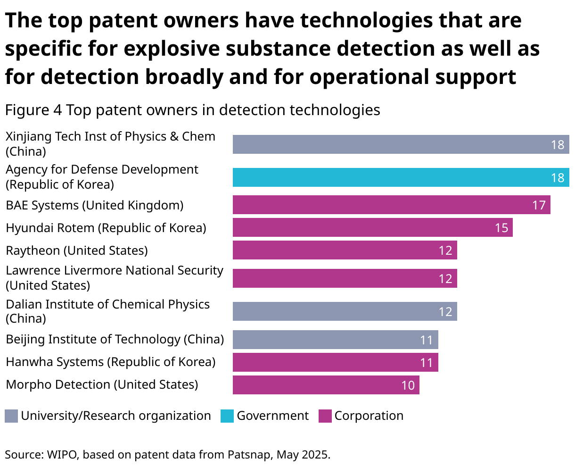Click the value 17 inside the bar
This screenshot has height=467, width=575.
(x=539, y=205)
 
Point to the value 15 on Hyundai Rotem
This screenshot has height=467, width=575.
(x=501, y=228)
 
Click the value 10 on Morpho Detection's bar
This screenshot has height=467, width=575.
(x=408, y=385)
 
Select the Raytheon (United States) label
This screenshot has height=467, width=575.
(x=77, y=250)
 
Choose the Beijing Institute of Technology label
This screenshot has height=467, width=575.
(x=115, y=339)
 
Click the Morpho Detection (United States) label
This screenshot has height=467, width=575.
(x=102, y=384)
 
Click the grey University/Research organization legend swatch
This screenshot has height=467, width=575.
(x=11, y=416)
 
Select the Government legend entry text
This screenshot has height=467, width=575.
(x=272, y=416)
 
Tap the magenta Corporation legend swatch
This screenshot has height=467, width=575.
(x=325, y=416)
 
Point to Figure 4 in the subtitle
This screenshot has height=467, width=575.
(x=33, y=110)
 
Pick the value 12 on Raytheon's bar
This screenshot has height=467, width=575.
(x=445, y=250)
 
